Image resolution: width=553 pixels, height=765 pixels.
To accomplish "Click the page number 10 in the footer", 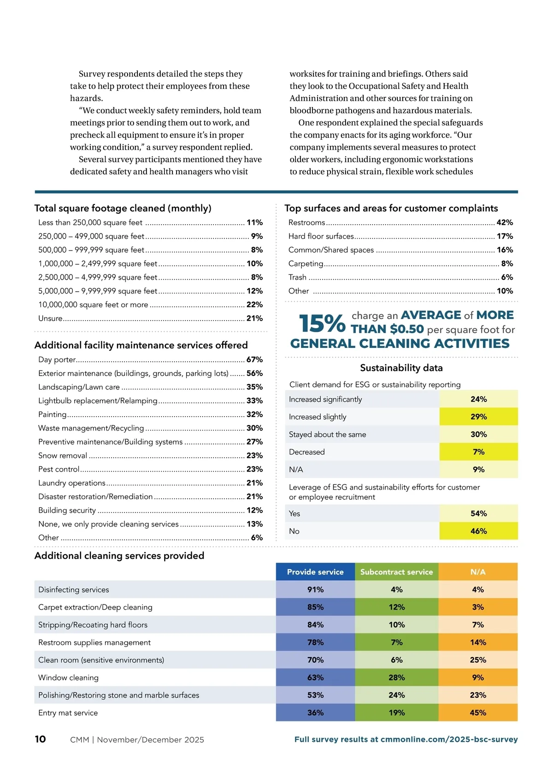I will [x=40, y=739].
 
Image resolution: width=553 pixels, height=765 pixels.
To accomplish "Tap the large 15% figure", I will [x=322, y=323].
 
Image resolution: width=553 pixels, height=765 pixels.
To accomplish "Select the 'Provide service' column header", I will [x=315, y=572].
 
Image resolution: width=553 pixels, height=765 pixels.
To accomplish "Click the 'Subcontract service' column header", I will [x=396, y=572].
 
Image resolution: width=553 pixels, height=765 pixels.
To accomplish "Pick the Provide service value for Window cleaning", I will [x=315, y=677].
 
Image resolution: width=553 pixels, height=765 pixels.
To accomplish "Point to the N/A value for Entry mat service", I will [x=478, y=712].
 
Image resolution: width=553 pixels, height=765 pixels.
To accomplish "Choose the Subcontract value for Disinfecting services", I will [x=396, y=590].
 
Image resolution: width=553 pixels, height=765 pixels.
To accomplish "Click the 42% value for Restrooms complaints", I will [x=505, y=222].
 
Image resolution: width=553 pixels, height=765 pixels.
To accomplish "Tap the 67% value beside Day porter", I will [x=254, y=359].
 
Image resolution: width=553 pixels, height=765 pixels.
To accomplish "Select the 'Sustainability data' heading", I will [x=401, y=368].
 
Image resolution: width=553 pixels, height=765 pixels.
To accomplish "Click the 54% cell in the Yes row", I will [x=478, y=514].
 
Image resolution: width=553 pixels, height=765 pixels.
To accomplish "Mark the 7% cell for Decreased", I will [x=478, y=452].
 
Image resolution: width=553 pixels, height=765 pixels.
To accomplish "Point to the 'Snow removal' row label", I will [x=63, y=455].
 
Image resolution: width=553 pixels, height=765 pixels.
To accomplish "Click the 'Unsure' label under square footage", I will [x=50, y=318].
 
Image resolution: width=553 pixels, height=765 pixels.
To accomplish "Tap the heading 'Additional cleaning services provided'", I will [x=119, y=556].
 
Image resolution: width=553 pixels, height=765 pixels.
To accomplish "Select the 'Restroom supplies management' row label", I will [x=94, y=642].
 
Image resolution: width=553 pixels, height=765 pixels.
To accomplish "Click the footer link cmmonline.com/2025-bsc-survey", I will [x=449, y=739].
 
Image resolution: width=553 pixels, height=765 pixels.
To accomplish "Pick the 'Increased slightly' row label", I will [x=318, y=417].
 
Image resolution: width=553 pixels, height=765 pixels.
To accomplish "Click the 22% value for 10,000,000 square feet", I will [x=254, y=305].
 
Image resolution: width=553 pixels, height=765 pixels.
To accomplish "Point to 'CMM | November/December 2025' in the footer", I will [x=137, y=740].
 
